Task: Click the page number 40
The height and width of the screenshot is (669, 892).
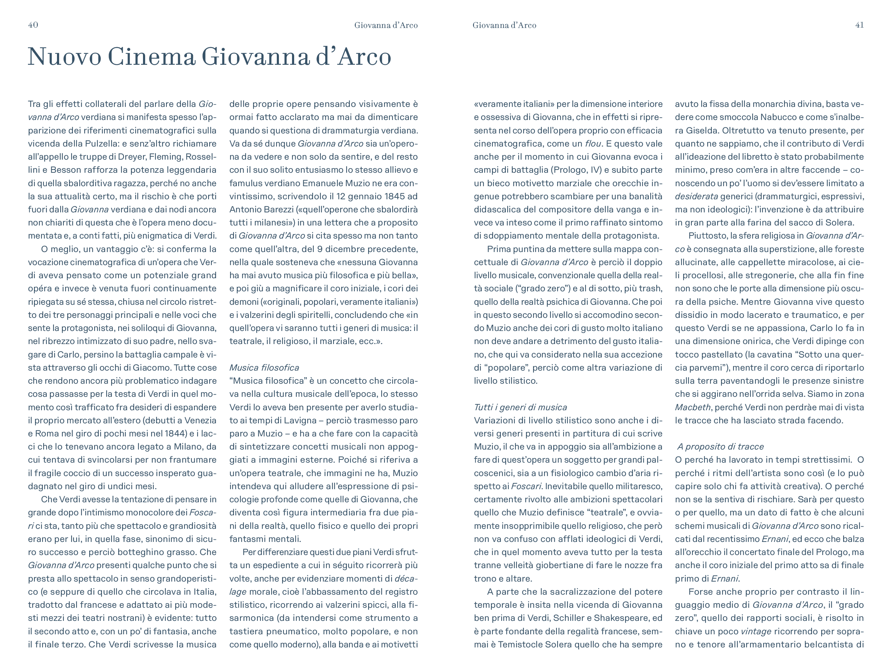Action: [x=33, y=25]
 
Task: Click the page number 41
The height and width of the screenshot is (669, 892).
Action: [x=859, y=25]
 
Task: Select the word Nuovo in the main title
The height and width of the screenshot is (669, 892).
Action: [x=64, y=57]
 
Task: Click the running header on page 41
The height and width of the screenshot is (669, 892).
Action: [x=504, y=25]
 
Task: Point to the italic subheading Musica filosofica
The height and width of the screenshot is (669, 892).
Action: [x=264, y=368]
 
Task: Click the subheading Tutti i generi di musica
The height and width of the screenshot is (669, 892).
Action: [x=520, y=407]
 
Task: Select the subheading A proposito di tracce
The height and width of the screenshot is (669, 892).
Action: [x=720, y=447]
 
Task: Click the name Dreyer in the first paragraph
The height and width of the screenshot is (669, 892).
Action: [x=132, y=157]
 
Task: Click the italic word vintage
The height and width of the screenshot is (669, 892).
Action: [x=756, y=631]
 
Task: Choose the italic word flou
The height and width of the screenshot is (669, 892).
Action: [x=593, y=144]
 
